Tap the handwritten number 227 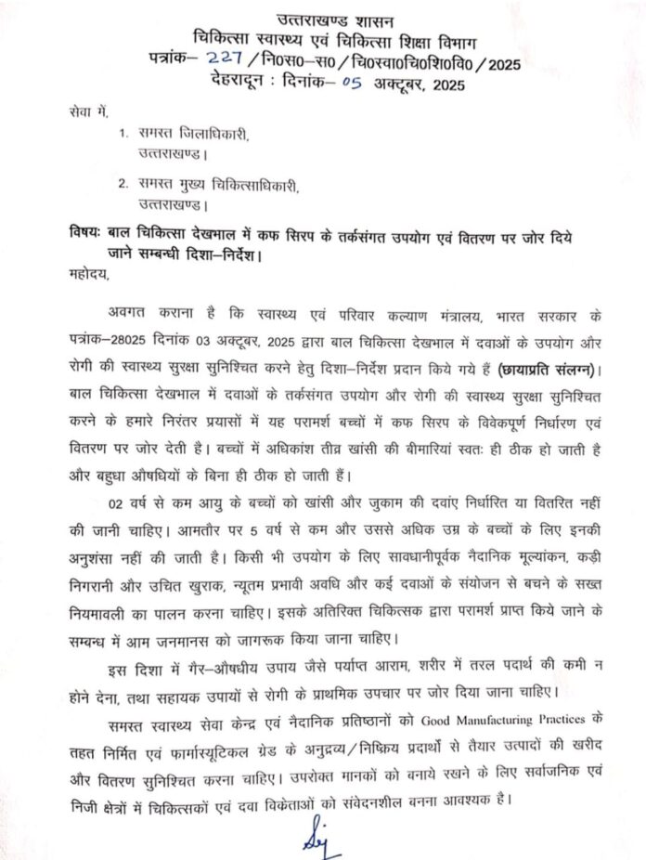(226, 62)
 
